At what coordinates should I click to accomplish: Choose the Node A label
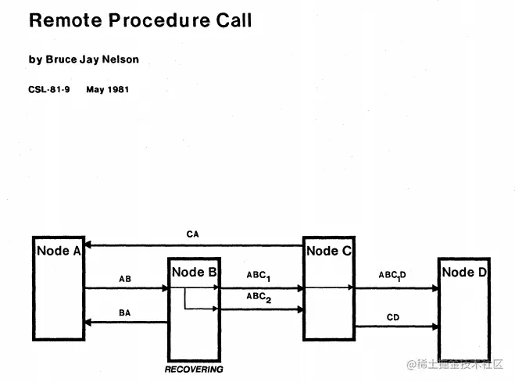click(x=59, y=251)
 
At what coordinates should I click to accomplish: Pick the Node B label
click(x=194, y=272)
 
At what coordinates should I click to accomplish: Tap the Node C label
click(x=328, y=251)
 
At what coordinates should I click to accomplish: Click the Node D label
click(x=463, y=272)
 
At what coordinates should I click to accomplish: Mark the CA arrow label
click(x=192, y=234)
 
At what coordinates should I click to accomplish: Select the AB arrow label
click(x=125, y=278)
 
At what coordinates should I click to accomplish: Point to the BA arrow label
click(x=125, y=312)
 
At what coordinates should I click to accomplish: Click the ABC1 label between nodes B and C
click(x=257, y=276)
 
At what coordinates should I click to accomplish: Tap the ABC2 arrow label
click(x=257, y=298)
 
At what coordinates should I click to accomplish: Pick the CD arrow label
click(x=393, y=317)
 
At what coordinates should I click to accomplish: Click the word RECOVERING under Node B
click(x=194, y=369)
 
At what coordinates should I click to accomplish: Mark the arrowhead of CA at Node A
click(x=88, y=245)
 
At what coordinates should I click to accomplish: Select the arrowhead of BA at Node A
click(x=88, y=322)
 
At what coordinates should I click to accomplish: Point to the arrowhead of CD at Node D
click(x=435, y=326)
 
